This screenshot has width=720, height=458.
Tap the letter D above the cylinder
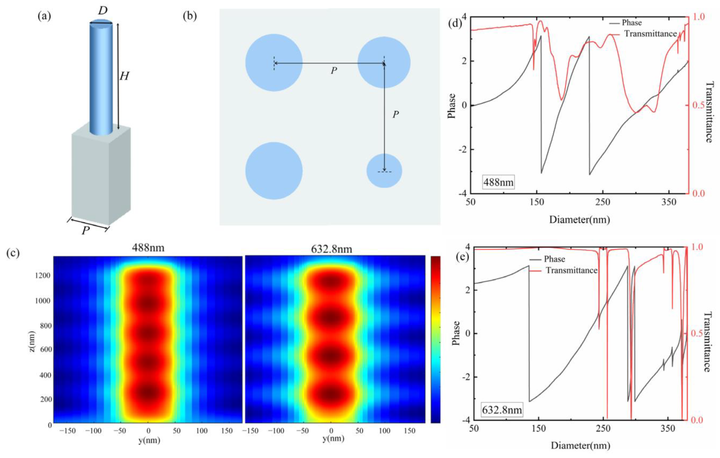coord(103,11)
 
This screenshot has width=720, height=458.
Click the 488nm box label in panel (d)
coord(498,182)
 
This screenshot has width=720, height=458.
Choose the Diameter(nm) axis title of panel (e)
coord(580,446)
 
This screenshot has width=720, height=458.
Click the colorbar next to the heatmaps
coord(435,339)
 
